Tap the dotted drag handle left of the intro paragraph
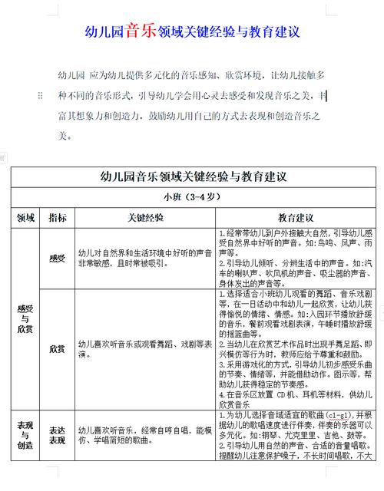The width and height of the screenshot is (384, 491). click(40, 96)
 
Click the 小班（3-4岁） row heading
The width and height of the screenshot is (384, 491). click(192, 197)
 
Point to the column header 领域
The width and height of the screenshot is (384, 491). click(25, 218)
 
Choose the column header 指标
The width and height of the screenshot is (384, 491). click(57, 218)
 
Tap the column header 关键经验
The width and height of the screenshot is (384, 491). click(145, 218)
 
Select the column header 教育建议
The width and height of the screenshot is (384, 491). click(296, 218)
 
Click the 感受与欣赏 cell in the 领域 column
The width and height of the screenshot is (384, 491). click(25, 318)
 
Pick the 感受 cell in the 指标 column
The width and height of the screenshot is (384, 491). click(57, 258)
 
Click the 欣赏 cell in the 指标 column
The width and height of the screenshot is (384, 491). click(57, 348)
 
